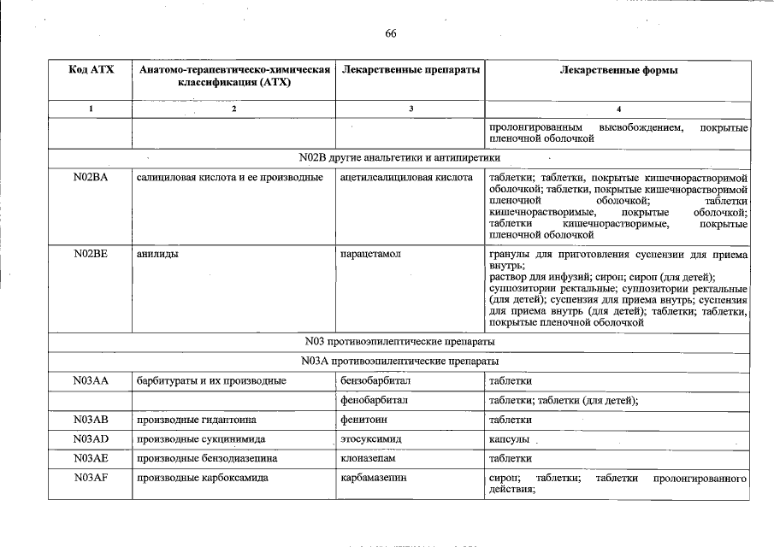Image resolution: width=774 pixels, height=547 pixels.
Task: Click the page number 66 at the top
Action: click(391, 33)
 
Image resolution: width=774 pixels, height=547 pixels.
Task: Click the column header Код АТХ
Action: click(91, 70)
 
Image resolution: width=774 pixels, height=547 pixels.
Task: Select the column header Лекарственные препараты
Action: click(410, 70)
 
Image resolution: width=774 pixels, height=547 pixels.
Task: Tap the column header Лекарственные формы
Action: click(619, 70)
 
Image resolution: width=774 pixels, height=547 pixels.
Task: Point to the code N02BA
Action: click(91, 178)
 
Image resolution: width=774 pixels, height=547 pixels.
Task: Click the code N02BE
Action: click(91, 255)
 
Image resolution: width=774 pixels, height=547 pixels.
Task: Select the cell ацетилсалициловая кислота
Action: click(406, 178)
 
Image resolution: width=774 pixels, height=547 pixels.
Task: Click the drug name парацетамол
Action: click(370, 255)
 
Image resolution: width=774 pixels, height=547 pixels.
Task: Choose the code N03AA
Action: click(91, 380)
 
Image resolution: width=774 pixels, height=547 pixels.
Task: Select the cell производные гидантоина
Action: click(197, 420)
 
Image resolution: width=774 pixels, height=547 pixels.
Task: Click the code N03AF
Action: click(91, 479)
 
